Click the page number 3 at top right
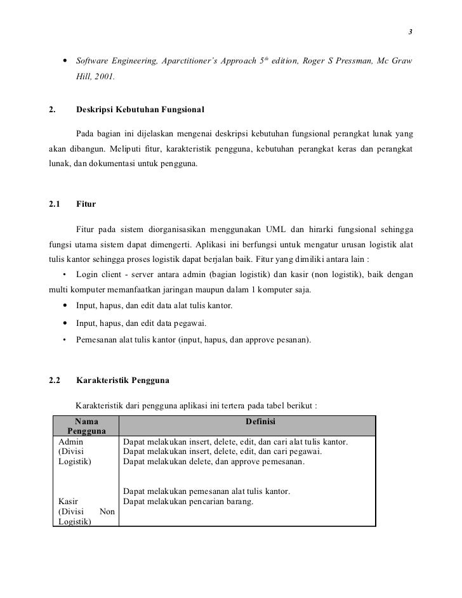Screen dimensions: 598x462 [410, 32]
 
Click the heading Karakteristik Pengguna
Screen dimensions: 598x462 [122, 381]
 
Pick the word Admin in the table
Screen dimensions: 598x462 [70, 441]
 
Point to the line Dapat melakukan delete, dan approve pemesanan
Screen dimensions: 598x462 [213, 462]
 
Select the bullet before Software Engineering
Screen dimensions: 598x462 [65, 62]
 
